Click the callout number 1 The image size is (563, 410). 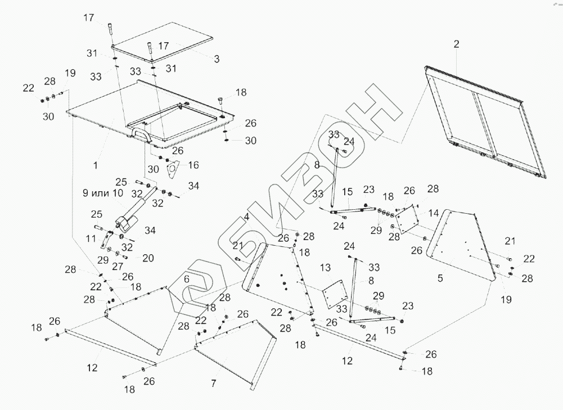coord(96,166)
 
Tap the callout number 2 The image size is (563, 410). coord(457,44)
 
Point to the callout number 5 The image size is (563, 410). coord(440,277)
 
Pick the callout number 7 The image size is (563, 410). coord(213,384)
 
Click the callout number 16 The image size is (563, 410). coord(193,165)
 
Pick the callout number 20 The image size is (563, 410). coord(148,258)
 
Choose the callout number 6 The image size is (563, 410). coord(187,278)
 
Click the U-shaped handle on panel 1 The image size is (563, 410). coord(140,134)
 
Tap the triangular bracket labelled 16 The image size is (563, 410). coord(174,168)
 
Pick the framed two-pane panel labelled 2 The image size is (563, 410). coord(481,121)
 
